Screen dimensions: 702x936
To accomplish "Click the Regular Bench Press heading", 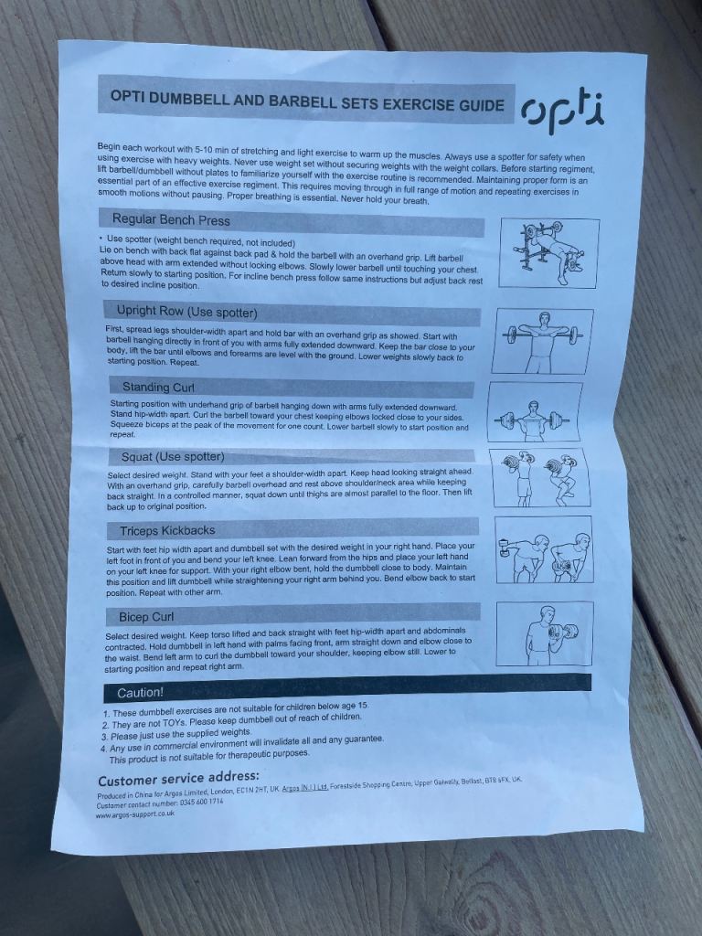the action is (171, 219).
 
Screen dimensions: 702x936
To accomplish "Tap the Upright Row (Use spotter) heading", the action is (186, 312).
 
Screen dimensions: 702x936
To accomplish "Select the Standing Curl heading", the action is (158, 387).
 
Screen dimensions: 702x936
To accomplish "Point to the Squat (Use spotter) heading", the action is (173, 457).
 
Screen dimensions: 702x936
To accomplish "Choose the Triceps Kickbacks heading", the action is (167, 531).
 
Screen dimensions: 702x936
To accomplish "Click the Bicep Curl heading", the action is (146, 617).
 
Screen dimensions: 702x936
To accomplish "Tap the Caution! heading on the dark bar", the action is (140, 693).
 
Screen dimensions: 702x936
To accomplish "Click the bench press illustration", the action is (549, 253).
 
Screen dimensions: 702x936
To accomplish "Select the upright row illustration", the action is (543, 341).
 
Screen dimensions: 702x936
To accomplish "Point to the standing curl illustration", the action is (534, 412).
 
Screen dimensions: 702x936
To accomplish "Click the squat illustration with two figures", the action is (539, 477).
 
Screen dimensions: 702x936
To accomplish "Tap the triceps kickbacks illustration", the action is (544, 549).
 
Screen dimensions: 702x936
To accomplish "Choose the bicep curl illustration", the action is (545, 633).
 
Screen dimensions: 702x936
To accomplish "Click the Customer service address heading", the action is (178, 779).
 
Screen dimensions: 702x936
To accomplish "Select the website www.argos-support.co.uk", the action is (135, 814).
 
